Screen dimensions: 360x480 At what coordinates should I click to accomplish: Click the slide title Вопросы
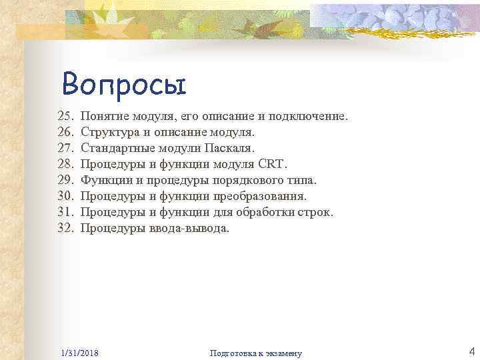point(124,85)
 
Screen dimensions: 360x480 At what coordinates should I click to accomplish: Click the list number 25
point(67,116)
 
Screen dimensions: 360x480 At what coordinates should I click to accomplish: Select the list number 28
point(67,164)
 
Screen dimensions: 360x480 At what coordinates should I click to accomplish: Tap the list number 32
point(67,228)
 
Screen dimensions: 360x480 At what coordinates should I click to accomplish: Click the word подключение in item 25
point(308,116)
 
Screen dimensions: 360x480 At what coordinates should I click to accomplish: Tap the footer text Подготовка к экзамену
point(256,353)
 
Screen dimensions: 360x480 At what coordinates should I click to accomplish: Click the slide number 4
point(471,351)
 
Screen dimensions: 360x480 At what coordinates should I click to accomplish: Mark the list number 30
point(67,196)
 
